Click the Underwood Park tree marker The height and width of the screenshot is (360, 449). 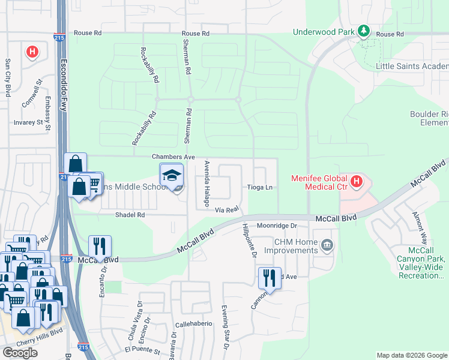tap(363, 30)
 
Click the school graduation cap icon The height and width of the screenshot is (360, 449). tap(171, 175)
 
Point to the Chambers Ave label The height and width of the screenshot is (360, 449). tap(173, 157)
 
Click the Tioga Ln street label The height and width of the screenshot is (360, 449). tap(260, 188)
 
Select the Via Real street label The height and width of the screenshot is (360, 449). tap(228, 209)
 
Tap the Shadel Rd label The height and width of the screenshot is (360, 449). tap(131, 215)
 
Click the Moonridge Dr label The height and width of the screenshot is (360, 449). tap(277, 226)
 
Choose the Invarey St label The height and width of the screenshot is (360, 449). tap(29, 122)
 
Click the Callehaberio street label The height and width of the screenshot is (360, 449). tap(194, 323)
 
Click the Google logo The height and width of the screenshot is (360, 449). tap(20, 353)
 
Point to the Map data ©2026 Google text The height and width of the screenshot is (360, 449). tap(411, 355)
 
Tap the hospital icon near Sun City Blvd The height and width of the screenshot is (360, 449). tap(32, 52)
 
